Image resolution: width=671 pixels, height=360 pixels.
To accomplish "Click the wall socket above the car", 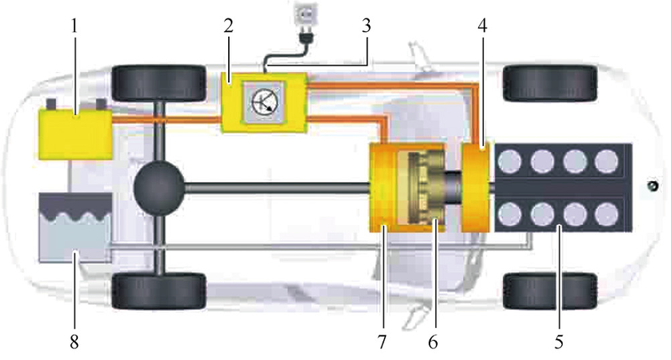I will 304,16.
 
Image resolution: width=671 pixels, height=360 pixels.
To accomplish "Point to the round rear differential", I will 159,185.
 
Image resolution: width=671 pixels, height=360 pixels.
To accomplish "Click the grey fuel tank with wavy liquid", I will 74,227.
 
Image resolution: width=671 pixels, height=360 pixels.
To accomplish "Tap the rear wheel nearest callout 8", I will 159,290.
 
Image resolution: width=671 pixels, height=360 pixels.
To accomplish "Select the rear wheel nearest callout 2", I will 159,80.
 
